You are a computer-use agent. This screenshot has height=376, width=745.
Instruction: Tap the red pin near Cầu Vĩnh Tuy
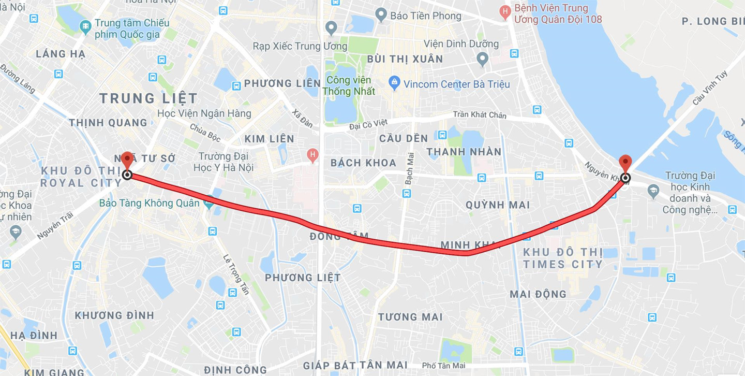click(625, 163)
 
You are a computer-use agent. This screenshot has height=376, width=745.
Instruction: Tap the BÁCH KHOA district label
click(363, 163)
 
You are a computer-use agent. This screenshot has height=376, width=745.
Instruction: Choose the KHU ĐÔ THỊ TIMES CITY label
click(563, 258)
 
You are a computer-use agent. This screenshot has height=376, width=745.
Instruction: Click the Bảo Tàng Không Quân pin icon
click(209, 204)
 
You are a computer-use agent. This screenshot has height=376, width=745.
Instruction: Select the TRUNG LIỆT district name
click(148, 98)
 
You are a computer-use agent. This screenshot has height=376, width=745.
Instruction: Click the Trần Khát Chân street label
click(480, 114)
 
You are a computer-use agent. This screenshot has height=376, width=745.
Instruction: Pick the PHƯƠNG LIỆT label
click(303, 278)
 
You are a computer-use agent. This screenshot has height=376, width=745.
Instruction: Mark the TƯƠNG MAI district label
click(410, 316)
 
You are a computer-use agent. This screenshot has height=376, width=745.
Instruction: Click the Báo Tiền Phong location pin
click(381, 15)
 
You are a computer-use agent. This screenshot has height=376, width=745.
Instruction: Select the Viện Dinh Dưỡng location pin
click(482, 59)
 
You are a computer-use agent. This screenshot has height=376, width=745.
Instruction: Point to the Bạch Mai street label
click(410, 169)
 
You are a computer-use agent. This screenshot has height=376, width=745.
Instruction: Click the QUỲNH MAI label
click(498, 205)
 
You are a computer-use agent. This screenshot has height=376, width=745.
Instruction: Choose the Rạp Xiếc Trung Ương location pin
click(331, 27)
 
